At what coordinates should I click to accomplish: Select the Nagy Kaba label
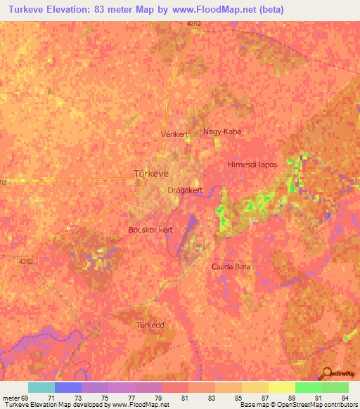pyautogui.click(x=221, y=131)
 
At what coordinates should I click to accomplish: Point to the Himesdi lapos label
pyautogui.click(x=252, y=164)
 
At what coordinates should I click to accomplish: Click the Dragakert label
pyautogui.click(x=186, y=190)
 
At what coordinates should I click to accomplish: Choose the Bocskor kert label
pyautogui.click(x=150, y=230)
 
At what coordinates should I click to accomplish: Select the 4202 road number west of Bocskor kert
pyautogui.click(x=27, y=261)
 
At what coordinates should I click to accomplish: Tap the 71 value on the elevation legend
pyautogui.click(x=50, y=397)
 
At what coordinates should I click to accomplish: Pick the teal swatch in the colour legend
pyautogui.click(x=41, y=387)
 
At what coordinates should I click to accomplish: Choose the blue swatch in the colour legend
pyautogui.click(x=67, y=387)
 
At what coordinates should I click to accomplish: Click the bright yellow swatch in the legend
pyautogui.click(x=281, y=387)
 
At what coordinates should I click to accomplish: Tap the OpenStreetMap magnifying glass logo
pyautogui.click(x=328, y=372)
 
